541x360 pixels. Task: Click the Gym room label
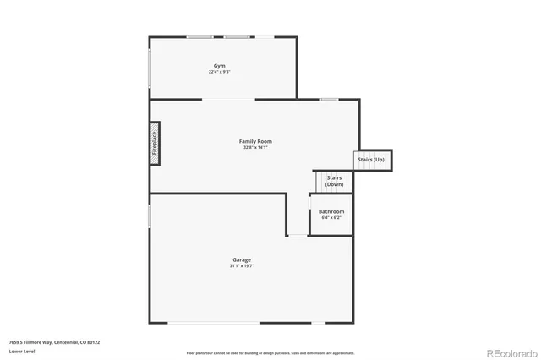pos(220,65)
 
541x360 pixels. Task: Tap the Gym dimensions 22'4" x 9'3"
pos(220,72)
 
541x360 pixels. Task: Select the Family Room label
pos(255,141)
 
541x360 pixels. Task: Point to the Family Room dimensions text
pos(255,148)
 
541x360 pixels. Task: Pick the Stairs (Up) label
pos(371,159)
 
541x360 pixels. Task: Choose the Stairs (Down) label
pos(334,181)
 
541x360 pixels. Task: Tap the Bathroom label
pos(331,211)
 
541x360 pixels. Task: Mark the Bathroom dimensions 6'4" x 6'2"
pos(331,218)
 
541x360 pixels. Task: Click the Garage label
pos(242,259)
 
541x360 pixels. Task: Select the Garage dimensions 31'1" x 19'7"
pos(242,266)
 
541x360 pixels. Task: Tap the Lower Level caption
pos(22,351)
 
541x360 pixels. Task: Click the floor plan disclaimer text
pos(270,353)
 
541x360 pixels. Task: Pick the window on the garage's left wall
pos(150,215)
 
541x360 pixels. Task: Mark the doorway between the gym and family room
pos(228,100)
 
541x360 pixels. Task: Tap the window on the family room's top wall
pos(329,100)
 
